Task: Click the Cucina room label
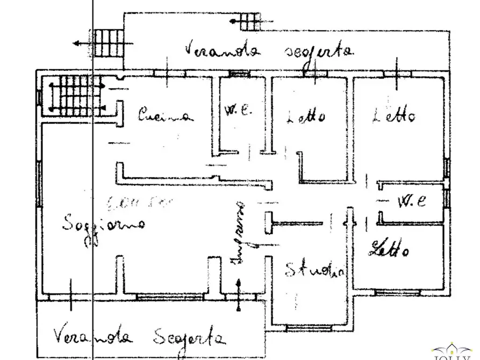tap(165, 115)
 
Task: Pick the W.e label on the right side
tap(411, 202)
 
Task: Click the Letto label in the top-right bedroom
tap(394, 115)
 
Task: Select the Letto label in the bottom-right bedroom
tap(390, 248)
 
